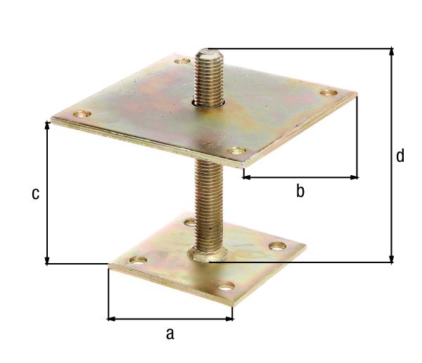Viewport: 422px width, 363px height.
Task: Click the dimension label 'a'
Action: pos(170,333)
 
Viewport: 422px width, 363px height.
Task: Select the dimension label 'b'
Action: pos(300,191)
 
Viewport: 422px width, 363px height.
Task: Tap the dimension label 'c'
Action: pos(34,194)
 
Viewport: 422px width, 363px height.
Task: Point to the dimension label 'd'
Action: pos(399,155)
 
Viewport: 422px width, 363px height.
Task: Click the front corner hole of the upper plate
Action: pos(237,151)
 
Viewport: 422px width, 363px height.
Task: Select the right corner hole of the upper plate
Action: pos(327,93)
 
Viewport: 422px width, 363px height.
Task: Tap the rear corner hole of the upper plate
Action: pos(181,62)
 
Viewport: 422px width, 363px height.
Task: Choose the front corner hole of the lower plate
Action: pos(225,286)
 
